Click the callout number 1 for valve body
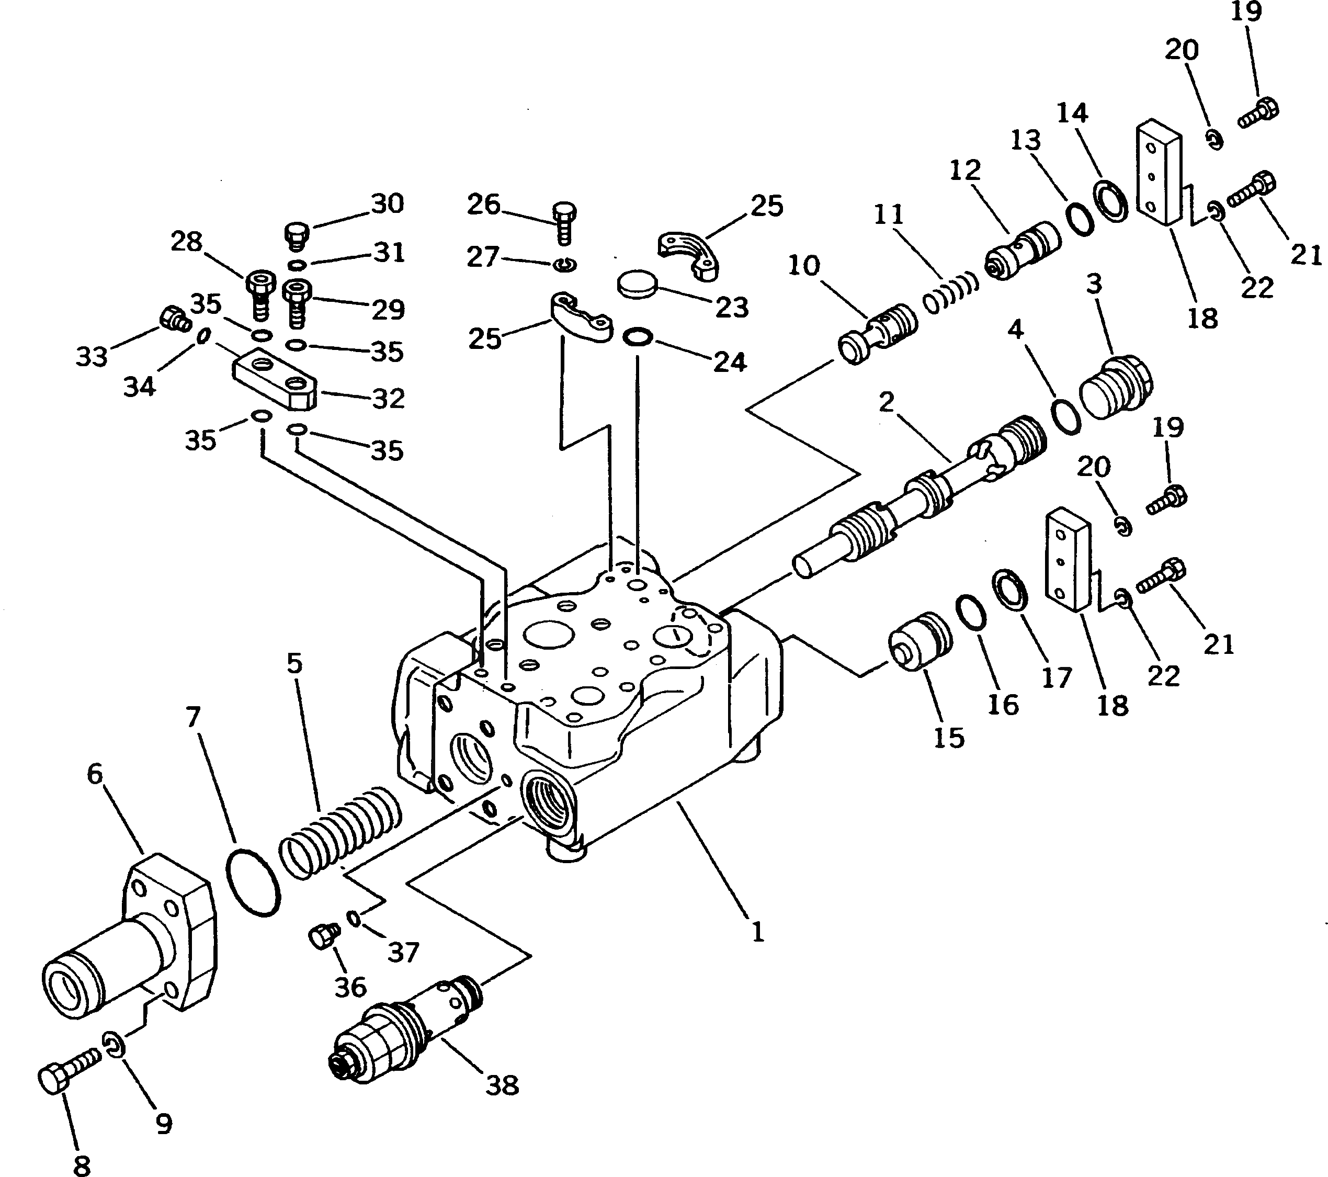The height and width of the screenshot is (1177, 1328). point(757,933)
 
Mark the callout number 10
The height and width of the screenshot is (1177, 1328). point(804,265)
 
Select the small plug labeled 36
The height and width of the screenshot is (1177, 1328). point(323,936)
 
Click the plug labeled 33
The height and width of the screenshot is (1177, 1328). point(174,319)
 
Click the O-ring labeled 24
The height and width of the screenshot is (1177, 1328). point(638,337)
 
